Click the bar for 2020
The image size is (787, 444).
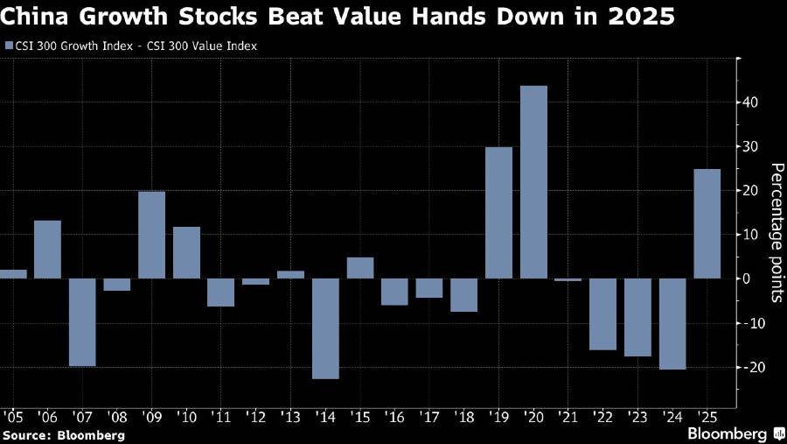point(533,182)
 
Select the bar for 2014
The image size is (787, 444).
point(326,328)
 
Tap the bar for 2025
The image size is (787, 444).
point(707,223)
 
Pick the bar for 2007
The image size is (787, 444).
point(83,322)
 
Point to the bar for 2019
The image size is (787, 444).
point(498,213)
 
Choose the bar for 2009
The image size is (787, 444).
point(152,235)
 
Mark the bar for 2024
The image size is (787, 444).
point(672,324)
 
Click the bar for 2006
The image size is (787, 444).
point(48,250)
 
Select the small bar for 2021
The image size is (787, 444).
point(568,280)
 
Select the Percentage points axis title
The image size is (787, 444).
point(774,232)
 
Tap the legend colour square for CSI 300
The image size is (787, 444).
point(9,45)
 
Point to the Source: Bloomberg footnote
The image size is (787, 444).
point(63,434)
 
